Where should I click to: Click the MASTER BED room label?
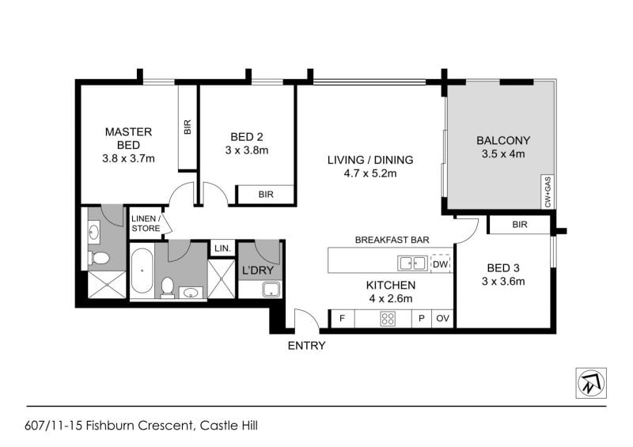(128, 138)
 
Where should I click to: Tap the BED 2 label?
(247, 138)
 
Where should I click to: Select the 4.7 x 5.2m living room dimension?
(370, 173)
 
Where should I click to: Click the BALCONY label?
(503, 141)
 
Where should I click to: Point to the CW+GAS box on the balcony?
(548, 191)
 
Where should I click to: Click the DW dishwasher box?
(441, 264)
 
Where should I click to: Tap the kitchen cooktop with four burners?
(388, 319)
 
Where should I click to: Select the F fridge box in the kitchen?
(343, 319)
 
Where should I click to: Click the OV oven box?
(442, 319)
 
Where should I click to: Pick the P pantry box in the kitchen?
(422, 319)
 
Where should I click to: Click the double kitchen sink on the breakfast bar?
(412, 263)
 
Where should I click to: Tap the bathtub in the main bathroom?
(142, 271)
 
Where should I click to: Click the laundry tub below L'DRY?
(271, 289)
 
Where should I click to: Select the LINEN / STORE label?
(146, 223)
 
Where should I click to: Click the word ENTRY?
(306, 346)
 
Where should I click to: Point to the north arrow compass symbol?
(591, 383)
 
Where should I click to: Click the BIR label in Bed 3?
(520, 225)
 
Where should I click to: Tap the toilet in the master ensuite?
(98, 257)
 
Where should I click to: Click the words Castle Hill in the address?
(229, 426)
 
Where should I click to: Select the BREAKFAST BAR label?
(392, 240)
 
